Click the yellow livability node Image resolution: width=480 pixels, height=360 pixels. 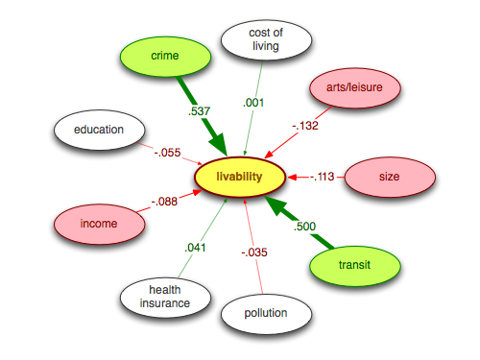pyautogui.click(x=240, y=177)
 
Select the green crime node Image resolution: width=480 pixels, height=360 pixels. pyautogui.click(x=165, y=57)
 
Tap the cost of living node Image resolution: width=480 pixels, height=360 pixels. pyautogui.click(x=267, y=41)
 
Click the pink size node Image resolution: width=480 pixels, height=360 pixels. pyautogui.click(x=389, y=177)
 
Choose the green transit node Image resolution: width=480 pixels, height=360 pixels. pyautogui.click(x=355, y=264)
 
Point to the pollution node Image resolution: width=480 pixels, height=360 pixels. pyautogui.click(x=268, y=313)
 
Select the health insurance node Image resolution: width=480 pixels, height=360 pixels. pyautogui.click(x=165, y=297)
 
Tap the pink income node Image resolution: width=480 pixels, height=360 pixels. pyautogui.click(x=99, y=224)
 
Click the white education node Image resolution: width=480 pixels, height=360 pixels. pyautogui.click(x=100, y=131)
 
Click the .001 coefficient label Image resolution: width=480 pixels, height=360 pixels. pyautogui.click(x=254, y=102)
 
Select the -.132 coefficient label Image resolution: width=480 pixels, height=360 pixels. pyautogui.click(x=305, y=124)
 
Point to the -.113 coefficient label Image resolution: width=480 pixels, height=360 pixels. pyautogui.click(x=322, y=177)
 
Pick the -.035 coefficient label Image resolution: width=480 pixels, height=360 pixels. pyautogui.click(x=254, y=253)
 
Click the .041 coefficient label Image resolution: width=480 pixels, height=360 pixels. pyautogui.click(x=196, y=247)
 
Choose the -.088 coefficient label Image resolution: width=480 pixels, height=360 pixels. pyautogui.click(x=164, y=202)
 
